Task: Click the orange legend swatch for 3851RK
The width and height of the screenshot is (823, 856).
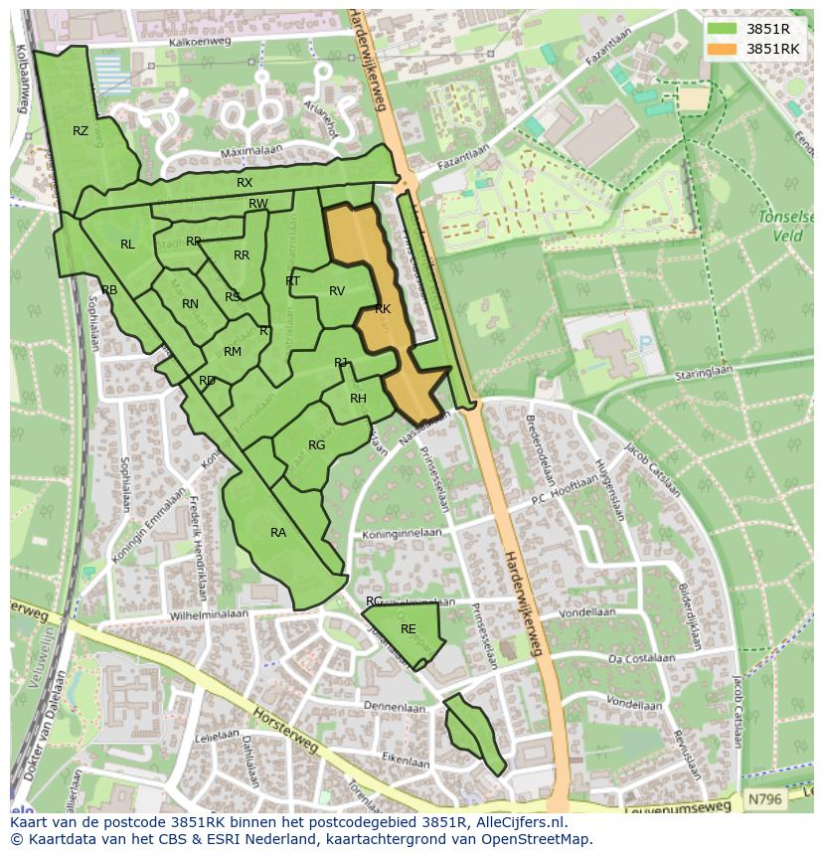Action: click(x=723, y=49)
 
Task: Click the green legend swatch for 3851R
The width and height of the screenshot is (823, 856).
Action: click(x=723, y=28)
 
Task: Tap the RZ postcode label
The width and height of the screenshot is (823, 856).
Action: click(x=81, y=130)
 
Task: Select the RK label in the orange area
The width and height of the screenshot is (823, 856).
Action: click(x=383, y=309)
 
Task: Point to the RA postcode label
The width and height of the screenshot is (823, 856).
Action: click(x=278, y=533)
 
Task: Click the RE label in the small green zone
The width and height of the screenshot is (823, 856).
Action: click(x=409, y=629)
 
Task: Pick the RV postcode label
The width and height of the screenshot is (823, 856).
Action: click(x=337, y=291)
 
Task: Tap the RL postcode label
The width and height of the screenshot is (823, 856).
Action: click(x=127, y=245)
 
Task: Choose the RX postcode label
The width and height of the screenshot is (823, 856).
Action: click(x=245, y=183)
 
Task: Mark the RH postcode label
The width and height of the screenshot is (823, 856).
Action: click(x=358, y=399)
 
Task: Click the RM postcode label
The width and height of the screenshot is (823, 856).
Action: click(x=233, y=352)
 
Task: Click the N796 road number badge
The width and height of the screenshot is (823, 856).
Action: click(x=764, y=798)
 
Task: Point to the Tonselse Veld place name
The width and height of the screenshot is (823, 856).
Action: click(x=785, y=226)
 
